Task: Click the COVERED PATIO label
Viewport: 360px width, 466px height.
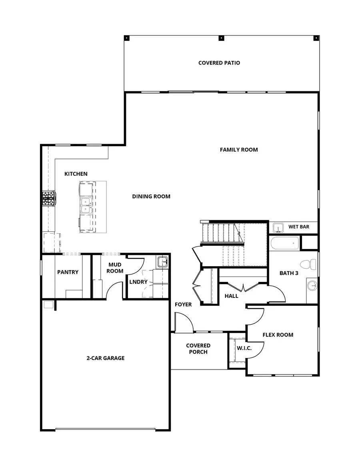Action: click(x=219, y=63)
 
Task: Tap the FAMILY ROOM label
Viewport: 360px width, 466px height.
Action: click(x=239, y=150)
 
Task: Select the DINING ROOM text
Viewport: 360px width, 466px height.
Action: click(x=151, y=197)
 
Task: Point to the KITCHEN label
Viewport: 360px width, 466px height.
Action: click(x=76, y=174)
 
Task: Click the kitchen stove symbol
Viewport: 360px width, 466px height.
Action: click(x=49, y=198)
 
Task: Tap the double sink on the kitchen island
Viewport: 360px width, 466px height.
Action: click(x=85, y=205)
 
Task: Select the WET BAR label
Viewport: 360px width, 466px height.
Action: click(x=299, y=227)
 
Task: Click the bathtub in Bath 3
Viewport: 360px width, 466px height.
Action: click(x=284, y=243)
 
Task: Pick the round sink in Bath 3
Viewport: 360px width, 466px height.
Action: click(x=312, y=286)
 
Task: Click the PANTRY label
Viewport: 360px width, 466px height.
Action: click(x=68, y=272)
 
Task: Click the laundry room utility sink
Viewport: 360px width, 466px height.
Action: click(x=163, y=262)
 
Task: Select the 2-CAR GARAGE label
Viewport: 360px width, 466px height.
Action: click(x=106, y=358)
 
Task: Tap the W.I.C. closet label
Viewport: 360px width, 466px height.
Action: click(x=244, y=348)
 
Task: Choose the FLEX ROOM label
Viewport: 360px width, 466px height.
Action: click(x=278, y=335)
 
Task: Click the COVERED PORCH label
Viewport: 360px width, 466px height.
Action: click(x=198, y=349)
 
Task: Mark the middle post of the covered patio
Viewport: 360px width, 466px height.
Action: click(x=221, y=38)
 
